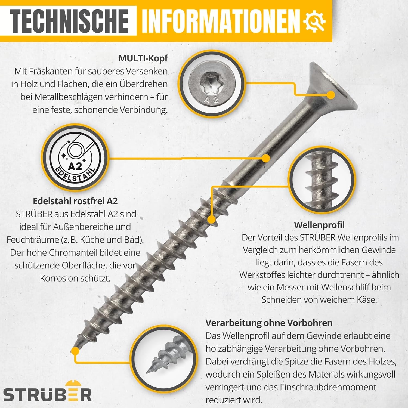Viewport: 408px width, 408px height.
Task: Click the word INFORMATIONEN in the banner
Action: tap(221, 21)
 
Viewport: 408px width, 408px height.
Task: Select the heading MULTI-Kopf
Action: tap(143, 58)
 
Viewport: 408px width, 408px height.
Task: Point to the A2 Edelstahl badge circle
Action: tap(75, 158)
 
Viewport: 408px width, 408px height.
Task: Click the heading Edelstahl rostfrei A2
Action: tap(75, 201)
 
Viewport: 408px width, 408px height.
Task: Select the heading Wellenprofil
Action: tap(319, 225)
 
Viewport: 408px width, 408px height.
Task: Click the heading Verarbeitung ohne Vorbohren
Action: tap(269, 323)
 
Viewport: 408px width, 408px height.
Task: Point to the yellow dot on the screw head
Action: tap(331, 95)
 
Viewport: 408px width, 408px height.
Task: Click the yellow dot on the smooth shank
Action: tap(266, 158)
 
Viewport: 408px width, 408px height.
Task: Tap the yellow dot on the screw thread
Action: tap(211, 219)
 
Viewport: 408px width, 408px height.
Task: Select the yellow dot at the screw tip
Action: tap(75, 351)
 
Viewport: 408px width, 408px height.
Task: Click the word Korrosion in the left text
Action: tap(59, 278)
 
